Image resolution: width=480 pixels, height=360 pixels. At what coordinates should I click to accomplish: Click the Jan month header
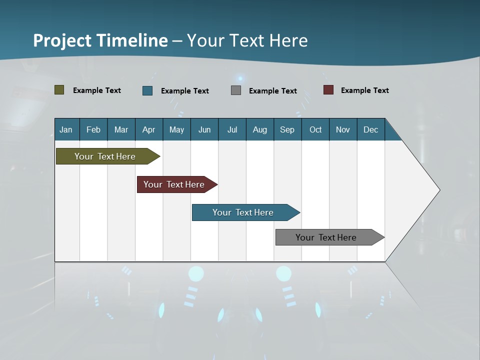pos(66,129)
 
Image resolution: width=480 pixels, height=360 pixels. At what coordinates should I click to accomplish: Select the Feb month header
pos(93,129)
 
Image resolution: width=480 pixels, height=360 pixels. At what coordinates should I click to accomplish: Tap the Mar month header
pos(121,129)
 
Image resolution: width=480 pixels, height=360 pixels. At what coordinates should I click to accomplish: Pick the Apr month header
pos(149,129)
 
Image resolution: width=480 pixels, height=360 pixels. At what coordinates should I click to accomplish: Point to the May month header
pos(176,129)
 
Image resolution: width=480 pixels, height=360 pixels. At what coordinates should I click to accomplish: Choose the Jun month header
pos(204,129)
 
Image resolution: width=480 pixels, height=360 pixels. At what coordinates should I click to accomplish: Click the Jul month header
pos(232,129)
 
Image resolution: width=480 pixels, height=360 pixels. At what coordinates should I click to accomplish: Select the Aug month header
pos(260,129)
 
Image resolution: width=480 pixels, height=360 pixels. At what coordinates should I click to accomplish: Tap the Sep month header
pos(287,129)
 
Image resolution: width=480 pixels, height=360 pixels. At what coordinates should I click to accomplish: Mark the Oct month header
pos(315,129)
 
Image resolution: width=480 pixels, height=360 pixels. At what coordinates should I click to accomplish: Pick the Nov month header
pos(343,129)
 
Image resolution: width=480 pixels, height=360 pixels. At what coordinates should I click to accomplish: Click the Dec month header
pos(371,129)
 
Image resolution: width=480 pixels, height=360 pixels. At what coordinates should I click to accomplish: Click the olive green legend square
pos(59,90)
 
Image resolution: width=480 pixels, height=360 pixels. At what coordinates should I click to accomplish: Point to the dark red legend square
pos(328,90)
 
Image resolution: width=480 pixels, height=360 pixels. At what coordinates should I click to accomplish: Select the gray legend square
pos(236,90)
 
